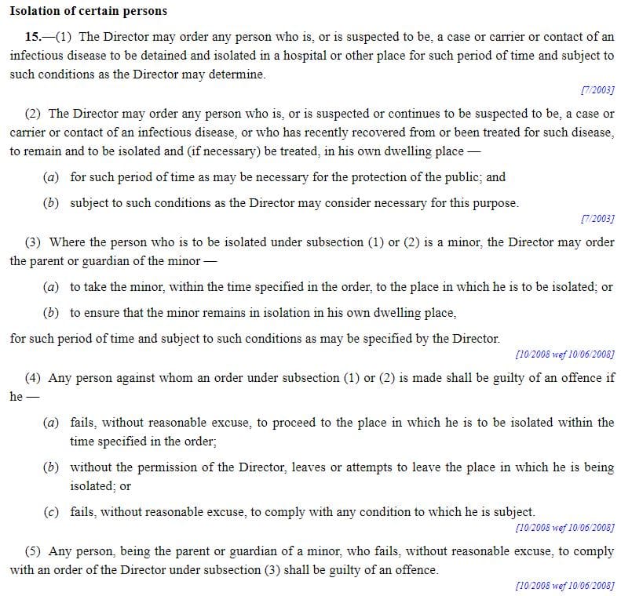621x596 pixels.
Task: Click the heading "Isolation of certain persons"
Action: pyautogui.click(x=88, y=12)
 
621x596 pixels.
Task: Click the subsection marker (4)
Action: pyautogui.click(x=34, y=377)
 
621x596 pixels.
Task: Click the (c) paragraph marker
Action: pyautogui.click(x=50, y=511)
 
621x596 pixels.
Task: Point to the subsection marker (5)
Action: pyautogui.click(x=34, y=551)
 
